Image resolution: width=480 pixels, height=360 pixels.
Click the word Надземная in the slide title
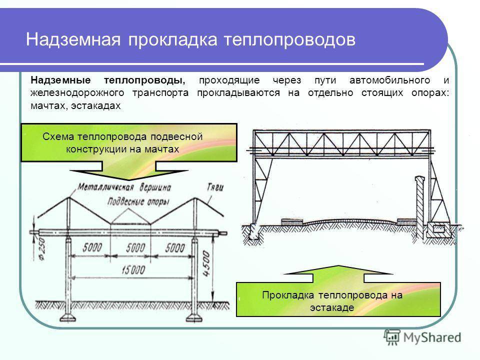pos(73,40)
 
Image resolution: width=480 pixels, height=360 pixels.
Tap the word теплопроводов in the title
pos(289,40)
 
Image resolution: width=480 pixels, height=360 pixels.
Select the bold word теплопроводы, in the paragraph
pos(144,80)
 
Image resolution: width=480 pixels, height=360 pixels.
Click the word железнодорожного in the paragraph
pos(77,93)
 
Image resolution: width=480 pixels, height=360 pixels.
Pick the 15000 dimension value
pos(133,270)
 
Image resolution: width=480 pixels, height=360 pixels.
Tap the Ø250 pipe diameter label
pos(42,249)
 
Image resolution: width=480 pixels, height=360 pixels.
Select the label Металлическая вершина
pos(124,187)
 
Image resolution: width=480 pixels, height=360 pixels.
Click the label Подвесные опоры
pos(138,201)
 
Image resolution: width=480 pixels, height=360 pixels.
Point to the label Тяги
pos(215,187)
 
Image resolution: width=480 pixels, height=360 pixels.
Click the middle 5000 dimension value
pos(136,247)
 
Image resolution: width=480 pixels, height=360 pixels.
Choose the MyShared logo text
pos(432,337)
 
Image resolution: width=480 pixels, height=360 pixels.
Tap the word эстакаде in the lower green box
pos(332,307)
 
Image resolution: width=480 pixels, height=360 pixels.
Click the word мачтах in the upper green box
pos(161,149)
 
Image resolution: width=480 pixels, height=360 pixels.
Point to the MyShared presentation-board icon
pos(392,337)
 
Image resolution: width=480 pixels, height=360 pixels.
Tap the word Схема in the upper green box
pos(59,136)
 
